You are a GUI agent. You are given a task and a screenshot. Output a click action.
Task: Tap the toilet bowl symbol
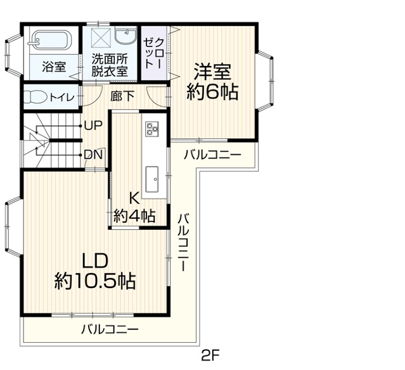pyautogui.click(x=35, y=98)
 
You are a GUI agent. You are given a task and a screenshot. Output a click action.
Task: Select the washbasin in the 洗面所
pyautogui.click(x=125, y=37)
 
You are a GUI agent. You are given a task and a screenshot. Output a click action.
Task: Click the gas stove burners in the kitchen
pyautogui.click(x=152, y=129)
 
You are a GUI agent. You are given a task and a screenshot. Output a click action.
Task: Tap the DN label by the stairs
pyautogui.click(x=94, y=155)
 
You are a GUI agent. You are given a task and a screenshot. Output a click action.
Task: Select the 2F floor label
pyautogui.click(x=210, y=356)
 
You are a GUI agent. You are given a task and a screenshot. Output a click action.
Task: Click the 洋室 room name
pyautogui.click(x=212, y=72)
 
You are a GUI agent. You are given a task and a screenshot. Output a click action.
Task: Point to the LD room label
pyautogui.click(x=95, y=261)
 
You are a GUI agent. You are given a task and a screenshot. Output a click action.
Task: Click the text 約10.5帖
pyautogui.click(x=95, y=281)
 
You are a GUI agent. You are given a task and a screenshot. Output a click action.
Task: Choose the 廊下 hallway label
pyautogui.click(x=122, y=96)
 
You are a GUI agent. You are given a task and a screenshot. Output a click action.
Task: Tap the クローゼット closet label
pyautogui.click(x=154, y=53)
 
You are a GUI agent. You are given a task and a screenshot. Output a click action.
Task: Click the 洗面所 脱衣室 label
pyautogui.click(x=110, y=65)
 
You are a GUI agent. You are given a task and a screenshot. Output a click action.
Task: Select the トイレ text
pyautogui.click(x=62, y=98)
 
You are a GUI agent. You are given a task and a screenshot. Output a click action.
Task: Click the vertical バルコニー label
pyautogui.click(x=184, y=242)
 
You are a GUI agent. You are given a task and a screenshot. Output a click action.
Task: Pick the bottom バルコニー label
pyautogui.click(x=110, y=329)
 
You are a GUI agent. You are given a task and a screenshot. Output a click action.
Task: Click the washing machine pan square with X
pyautogui.click(x=101, y=37)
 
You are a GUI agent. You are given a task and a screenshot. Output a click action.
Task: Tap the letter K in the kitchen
pyautogui.click(x=134, y=198)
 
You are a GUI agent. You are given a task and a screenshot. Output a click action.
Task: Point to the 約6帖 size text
pyautogui.click(x=212, y=92)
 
